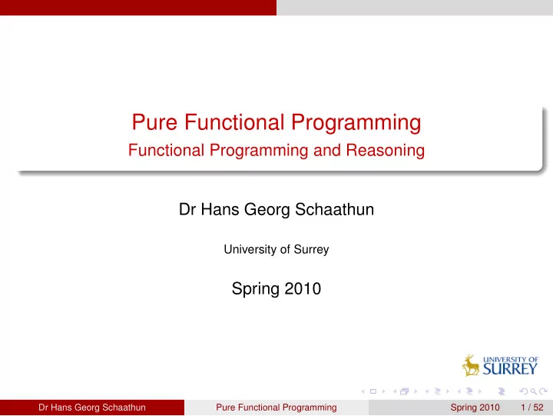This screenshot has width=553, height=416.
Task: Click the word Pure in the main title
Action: pos(154,122)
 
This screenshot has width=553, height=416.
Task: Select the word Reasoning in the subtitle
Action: pos(385,151)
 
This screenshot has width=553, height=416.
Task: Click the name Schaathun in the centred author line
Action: pos(334,209)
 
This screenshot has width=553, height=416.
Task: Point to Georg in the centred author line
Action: pos(267,210)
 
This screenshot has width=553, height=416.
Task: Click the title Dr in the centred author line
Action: pos(187,209)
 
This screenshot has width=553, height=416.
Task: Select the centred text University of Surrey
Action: pos(276,249)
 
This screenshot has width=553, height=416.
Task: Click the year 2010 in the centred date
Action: pos(303,289)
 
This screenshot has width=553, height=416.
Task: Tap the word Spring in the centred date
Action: pos(256,290)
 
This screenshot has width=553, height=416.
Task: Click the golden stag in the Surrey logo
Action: pos(471,365)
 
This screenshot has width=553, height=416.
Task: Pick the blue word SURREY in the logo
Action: pos(510,369)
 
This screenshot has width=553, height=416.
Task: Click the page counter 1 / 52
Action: pos(531,408)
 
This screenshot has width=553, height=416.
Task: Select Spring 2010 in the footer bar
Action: pos(475,408)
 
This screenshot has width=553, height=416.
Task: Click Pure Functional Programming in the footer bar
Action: pos(276,408)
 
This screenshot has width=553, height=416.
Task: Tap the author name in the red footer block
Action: pos(92,408)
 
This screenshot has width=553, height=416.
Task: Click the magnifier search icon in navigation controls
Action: pos(534,391)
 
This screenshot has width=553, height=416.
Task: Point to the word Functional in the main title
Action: pos(234,122)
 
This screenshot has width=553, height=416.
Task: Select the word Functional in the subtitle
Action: pos(166,150)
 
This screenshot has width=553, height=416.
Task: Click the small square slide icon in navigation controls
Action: pos(373,391)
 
